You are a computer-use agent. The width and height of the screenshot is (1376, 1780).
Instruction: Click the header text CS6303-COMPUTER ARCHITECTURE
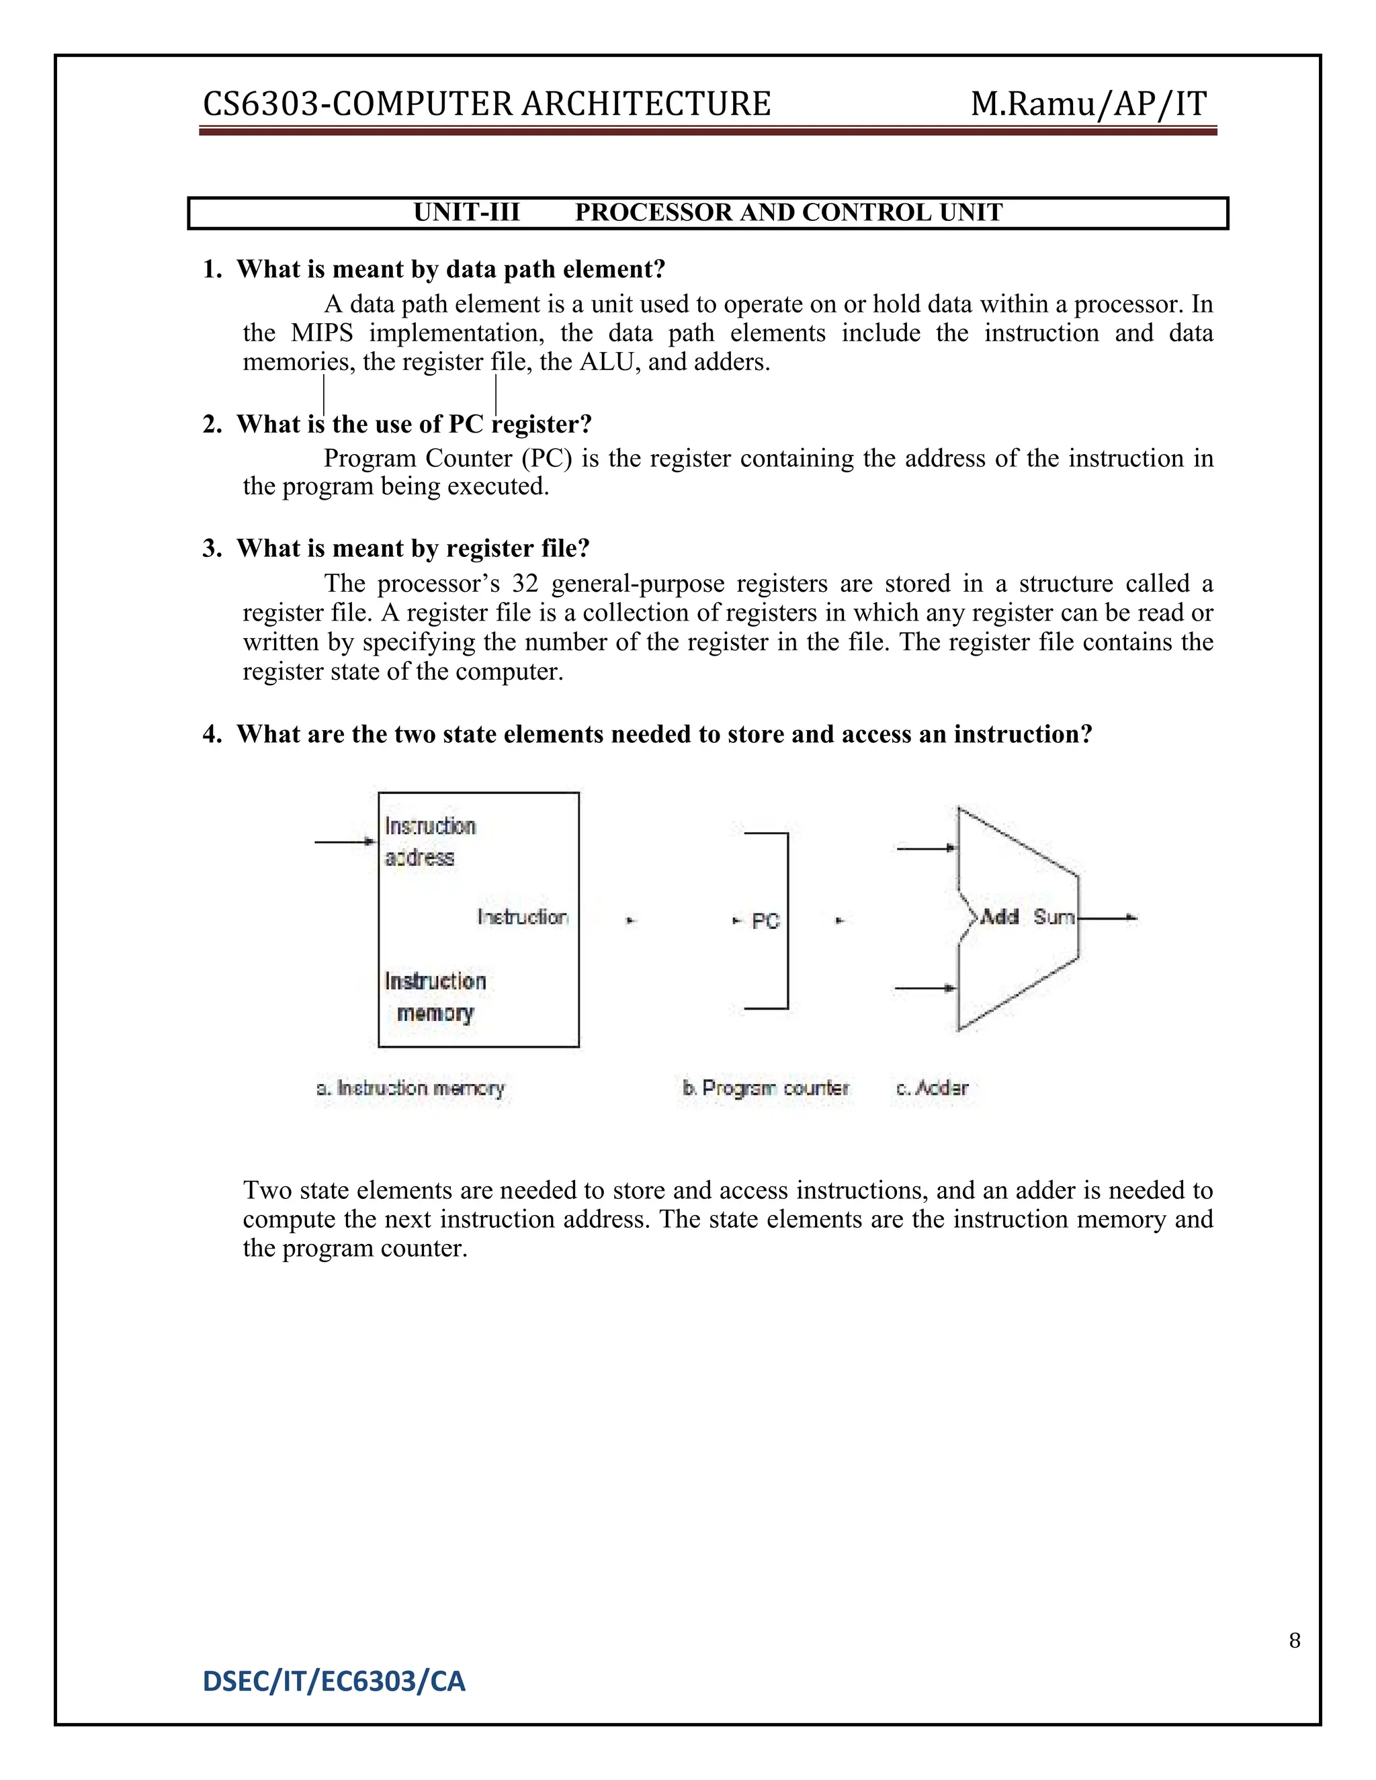(486, 104)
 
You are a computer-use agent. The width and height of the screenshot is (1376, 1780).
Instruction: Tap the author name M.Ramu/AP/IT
(1088, 104)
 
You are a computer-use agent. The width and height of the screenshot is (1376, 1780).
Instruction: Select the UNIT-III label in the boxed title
(466, 213)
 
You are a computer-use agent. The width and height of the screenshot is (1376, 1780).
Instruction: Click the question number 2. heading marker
(212, 425)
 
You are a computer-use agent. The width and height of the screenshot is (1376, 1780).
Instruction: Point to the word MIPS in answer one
(322, 333)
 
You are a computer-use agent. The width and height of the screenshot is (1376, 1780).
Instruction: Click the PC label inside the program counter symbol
(765, 922)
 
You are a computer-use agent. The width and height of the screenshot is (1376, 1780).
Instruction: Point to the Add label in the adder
(999, 917)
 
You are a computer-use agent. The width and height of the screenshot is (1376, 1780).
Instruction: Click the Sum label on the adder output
(1053, 917)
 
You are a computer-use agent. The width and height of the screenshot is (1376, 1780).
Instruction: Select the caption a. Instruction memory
(411, 1088)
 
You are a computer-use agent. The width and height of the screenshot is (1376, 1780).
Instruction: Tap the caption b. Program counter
(765, 1088)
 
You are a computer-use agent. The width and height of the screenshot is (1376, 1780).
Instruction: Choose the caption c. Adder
(932, 1088)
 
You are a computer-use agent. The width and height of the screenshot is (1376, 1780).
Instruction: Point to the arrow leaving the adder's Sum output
(1109, 918)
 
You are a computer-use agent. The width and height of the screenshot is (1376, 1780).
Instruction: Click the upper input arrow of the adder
(926, 848)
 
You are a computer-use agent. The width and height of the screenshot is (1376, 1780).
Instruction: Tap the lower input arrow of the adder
(926, 988)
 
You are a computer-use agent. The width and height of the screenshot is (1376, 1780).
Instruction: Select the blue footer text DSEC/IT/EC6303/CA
(334, 1681)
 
